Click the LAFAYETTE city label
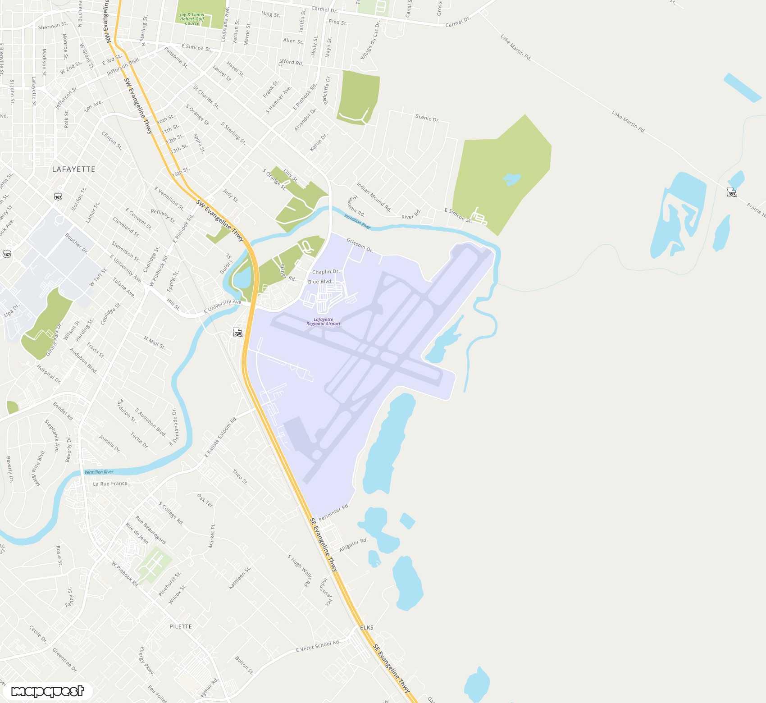(x=73, y=169)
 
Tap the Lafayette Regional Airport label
(x=323, y=321)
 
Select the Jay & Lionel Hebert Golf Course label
(x=192, y=19)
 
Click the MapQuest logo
(x=47, y=691)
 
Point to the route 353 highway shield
(x=731, y=192)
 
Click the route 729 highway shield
(x=237, y=333)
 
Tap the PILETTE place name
(x=180, y=626)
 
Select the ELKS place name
(x=367, y=627)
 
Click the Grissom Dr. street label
(x=360, y=245)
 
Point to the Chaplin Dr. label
(x=326, y=272)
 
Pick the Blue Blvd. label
(x=320, y=282)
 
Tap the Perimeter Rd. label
(x=334, y=512)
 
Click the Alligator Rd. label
(x=353, y=545)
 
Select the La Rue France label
(x=110, y=484)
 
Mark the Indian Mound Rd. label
(x=374, y=196)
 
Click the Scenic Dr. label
(x=427, y=118)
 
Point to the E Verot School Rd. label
(x=318, y=646)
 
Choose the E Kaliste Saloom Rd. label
(x=221, y=438)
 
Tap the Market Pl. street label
(x=212, y=536)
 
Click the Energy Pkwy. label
(x=146, y=661)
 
